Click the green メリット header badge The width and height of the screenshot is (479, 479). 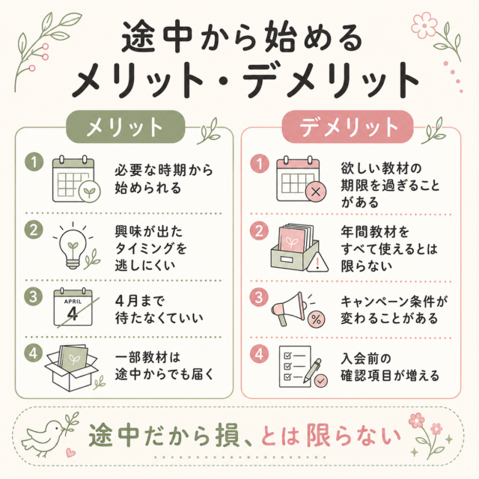pyautogui.click(x=126, y=126)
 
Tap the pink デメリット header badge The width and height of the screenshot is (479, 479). pyautogui.click(x=347, y=126)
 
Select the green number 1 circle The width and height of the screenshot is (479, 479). pyautogui.click(x=34, y=162)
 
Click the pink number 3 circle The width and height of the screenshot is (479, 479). pyautogui.click(x=259, y=296)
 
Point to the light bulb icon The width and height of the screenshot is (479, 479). pyautogui.click(x=73, y=248)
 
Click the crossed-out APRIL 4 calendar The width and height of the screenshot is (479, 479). pyautogui.click(x=73, y=308)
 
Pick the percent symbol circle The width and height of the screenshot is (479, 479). pyautogui.click(x=317, y=320)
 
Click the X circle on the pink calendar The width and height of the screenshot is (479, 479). pyautogui.click(x=316, y=192)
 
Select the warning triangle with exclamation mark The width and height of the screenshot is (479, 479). pyautogui.click(x=317, y=263)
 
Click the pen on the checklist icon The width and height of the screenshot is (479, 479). pyautogui.click(x=312, y=370)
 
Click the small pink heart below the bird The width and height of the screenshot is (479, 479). pyautogui.click(x=70, y=452)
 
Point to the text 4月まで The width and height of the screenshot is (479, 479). pyautogui.click(x=140, y=301)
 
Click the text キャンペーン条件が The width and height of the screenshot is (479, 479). pyautogui.click(x=394, y=302)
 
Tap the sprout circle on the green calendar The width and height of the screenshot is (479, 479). pyautogui.click(x=90, y=192)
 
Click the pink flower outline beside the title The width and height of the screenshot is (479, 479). pyautogui.click(x=424, y=25)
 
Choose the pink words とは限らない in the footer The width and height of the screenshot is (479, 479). pyautogui.click(x=331, y=436)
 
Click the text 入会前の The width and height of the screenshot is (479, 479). pyautogui.click(x=366, y=359)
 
